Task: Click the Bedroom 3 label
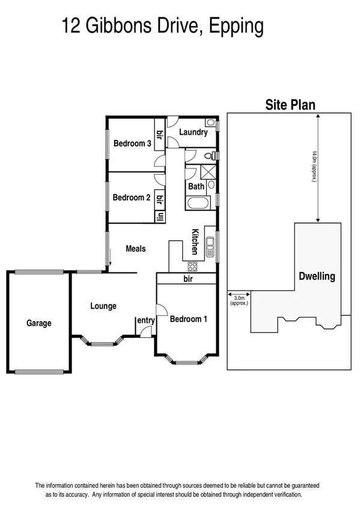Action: coord(132,143)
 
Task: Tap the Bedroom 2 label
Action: coord(131,197)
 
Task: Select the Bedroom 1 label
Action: coord(188,319)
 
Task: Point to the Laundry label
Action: coord(193,132)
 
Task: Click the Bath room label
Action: coord(196,186)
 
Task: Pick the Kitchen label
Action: coord(195,242)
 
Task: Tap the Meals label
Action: coord(135,248)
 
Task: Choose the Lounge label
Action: coord(103,306)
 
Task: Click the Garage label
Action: coord(39,323)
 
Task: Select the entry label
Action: coord(146,321)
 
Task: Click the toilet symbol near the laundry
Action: coord(209,156)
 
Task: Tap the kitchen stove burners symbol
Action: coord(194,265)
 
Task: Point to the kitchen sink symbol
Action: coord(211,246)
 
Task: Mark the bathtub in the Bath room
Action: coord(196,202)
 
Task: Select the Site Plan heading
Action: coord(290,105)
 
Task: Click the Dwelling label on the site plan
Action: coord(317,277)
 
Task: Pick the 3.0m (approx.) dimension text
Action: coord(239,300)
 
